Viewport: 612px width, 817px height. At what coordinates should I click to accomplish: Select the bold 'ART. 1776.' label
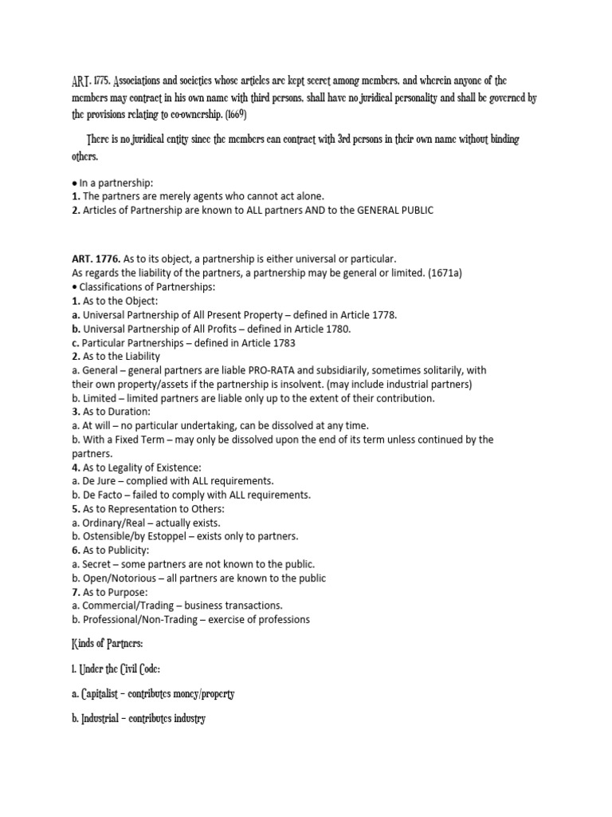point(97,259)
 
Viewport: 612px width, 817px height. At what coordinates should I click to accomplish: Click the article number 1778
point(382,315)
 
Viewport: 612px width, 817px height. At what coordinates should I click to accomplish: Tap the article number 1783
point(281,342)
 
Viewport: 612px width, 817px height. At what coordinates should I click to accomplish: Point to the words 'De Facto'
point(104,495)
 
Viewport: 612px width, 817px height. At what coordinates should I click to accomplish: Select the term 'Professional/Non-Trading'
point(140,619)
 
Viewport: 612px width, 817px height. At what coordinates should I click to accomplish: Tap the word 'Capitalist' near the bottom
point(109,694)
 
